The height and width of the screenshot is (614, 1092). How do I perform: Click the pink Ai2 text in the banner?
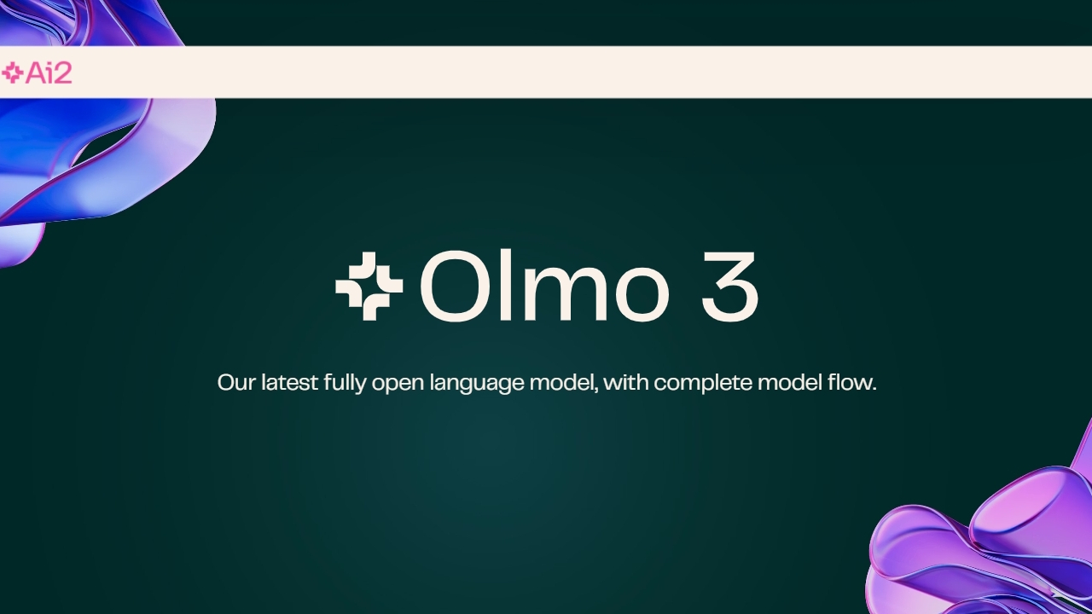pos(49,73)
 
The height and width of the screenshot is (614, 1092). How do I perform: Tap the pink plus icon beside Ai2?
pos(13,73)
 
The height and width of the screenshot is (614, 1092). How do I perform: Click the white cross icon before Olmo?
pos(369,287)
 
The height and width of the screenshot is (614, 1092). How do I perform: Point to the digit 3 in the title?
pos(729,287)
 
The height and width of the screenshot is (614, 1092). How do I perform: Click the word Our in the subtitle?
pos(236,382)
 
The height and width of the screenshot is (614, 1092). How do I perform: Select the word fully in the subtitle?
pos(346,383)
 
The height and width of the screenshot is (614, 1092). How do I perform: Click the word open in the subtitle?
pos(398,383)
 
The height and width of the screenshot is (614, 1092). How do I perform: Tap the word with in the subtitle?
pos(630,382)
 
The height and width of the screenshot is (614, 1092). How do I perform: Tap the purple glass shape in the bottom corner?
pos(990,537)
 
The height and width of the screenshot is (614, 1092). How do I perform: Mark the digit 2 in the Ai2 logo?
pos(61,73)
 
